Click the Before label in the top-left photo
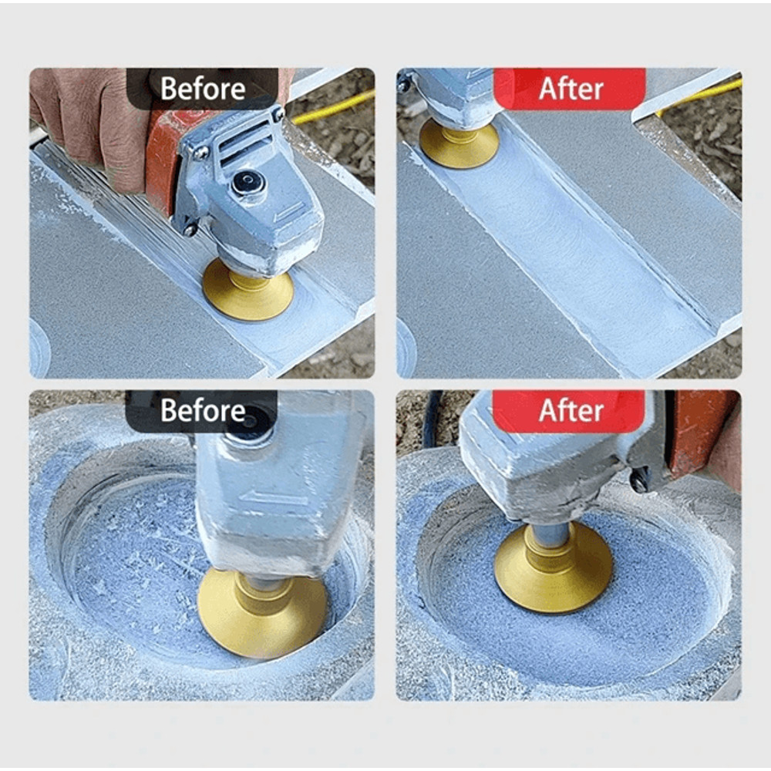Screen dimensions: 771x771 (202, 88)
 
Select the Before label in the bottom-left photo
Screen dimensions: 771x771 (202, 410)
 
